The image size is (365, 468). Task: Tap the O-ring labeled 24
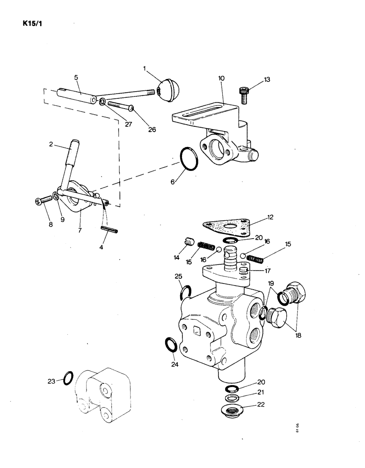[x=171, y=344]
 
